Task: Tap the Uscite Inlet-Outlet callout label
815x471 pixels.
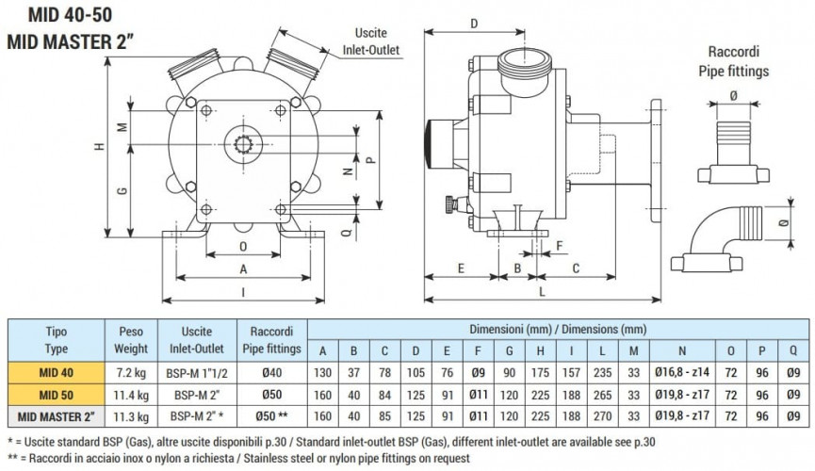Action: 371,41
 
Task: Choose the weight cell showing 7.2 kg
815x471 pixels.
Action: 129,373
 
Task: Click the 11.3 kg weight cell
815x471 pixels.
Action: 129,414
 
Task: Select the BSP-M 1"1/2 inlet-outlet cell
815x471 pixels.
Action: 196,373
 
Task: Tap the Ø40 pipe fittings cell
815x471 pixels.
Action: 272,373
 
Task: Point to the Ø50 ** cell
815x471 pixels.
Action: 272,414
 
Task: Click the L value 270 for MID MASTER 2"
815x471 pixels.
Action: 604,414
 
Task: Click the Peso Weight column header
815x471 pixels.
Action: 129,340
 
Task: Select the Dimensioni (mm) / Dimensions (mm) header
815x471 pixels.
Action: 558,329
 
